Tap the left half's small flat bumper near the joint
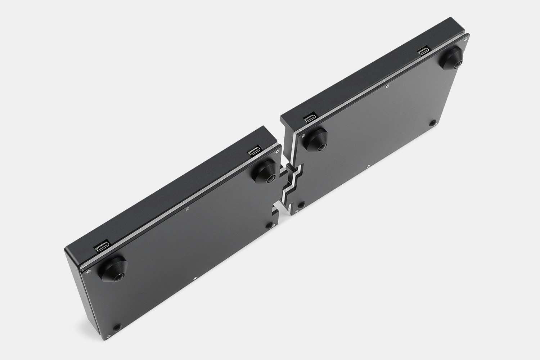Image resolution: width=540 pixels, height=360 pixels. point(269,225)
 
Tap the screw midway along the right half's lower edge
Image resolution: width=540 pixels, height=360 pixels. point(368,166)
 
